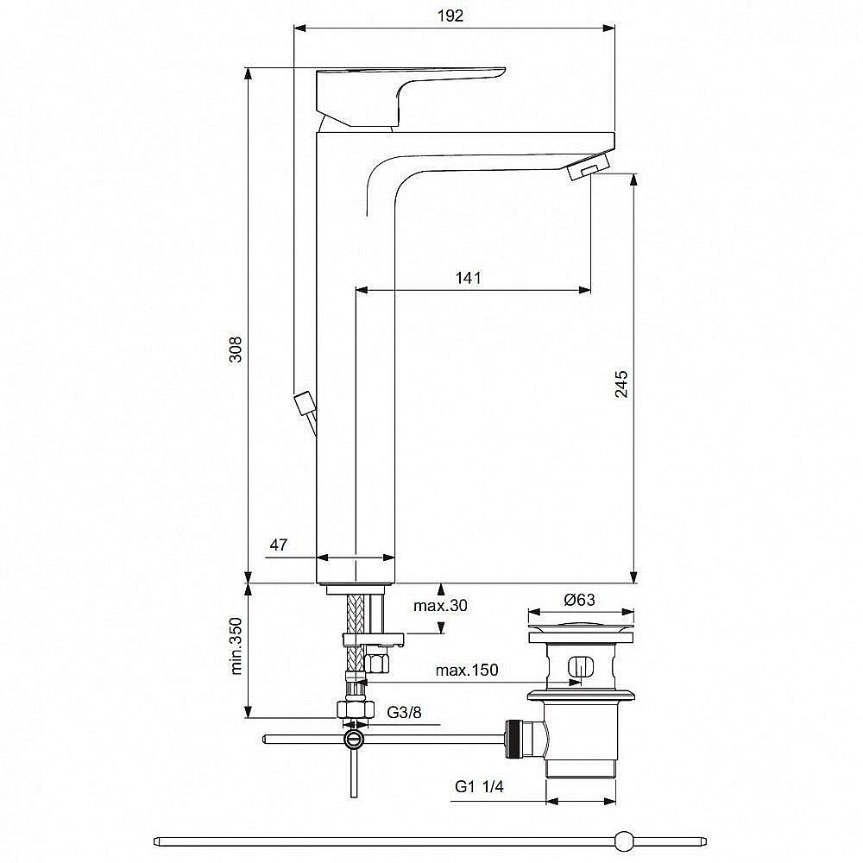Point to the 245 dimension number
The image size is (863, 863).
622,384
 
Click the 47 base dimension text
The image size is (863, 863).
278,545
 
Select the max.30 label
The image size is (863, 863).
439,605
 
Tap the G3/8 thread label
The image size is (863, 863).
404,712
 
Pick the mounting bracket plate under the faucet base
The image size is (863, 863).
373,639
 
